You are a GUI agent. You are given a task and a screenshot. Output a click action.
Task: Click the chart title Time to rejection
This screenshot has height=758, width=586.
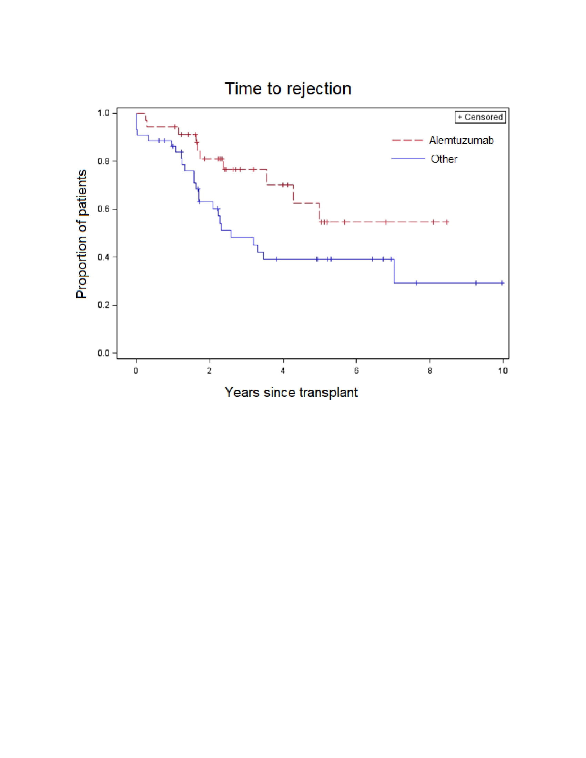(x=288, y=89)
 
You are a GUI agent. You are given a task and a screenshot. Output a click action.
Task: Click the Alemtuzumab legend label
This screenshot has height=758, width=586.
(x=461, y=140)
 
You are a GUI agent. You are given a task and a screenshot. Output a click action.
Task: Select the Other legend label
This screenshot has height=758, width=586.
(x=444, y=159)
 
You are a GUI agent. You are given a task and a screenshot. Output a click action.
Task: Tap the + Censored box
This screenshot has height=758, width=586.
(x=480, y=117)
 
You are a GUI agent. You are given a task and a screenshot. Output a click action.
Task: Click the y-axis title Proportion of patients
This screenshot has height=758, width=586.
(x=82, y=234)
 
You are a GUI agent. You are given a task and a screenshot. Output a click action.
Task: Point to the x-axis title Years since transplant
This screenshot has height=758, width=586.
(x=291, y=392)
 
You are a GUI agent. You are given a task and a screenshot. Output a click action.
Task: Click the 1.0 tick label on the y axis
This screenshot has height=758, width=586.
(x=103, y=113)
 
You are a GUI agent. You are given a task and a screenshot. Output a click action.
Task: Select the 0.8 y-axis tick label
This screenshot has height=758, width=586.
(x=103, y=161)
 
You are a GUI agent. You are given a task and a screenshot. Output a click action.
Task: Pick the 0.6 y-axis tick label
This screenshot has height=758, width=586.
(x=103, y=209)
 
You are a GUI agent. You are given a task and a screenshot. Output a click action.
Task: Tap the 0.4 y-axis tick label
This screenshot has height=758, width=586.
(x=103, y=257)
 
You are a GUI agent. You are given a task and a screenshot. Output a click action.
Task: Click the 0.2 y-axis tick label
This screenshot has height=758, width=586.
(x=103, y=305)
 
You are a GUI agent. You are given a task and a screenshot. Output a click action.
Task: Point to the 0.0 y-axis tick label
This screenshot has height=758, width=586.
(x=103, y=353)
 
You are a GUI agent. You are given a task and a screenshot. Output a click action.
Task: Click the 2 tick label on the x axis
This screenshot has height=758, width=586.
(x=209, y=371)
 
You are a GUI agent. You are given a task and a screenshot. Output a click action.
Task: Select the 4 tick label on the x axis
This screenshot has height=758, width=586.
(x=283, y=371)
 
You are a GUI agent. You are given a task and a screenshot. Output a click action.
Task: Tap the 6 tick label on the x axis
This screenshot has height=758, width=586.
(x=356, y=371)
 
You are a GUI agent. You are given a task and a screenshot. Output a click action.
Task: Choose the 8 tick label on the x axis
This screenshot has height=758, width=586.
(x=430, y=371)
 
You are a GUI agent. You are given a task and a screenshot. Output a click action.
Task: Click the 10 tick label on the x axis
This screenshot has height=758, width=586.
(x=503, y=371)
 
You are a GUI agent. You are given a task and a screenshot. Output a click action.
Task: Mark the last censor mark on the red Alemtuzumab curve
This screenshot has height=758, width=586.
(x=447, y=222)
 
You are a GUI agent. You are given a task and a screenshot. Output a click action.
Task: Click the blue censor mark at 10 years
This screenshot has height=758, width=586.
(x=502, y=283)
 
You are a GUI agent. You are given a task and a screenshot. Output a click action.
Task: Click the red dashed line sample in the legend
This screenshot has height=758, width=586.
(x=407, y=141)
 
